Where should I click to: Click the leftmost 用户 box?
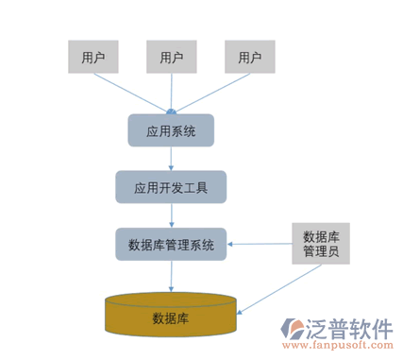tap(93, 57)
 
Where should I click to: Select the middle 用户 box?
tap(171, 57)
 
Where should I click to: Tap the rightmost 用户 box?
tap(249, 57)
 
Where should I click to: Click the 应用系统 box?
tap(171, 131)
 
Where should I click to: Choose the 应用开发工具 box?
tap(171, 187)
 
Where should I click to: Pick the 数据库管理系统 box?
tap(171, 244)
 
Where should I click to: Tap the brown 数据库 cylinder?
tap(171, 316)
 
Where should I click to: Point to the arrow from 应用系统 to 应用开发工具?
tap(171, 159)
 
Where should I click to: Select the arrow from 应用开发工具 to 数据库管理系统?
tap(171, 214)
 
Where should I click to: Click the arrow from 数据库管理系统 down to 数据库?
tap(171, 275)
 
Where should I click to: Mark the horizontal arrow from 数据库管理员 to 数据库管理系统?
tap(259, 245)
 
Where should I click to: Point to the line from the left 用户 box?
tap(132, 93)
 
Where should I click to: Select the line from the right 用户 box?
tap(210, 93)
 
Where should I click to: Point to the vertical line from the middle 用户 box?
tap(171, 90)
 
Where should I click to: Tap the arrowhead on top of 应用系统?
tap(171, 111)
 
